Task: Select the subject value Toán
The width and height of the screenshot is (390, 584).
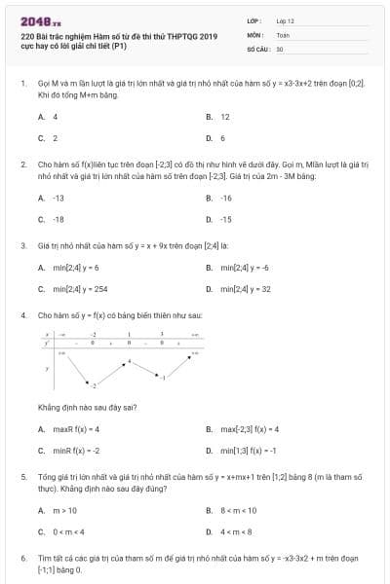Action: point(283,34)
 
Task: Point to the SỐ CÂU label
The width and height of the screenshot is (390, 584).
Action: point(256,48)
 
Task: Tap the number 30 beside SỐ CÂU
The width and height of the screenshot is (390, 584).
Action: point(280,48)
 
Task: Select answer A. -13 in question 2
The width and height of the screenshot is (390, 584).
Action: point(52,198)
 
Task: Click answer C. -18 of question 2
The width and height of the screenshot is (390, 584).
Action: point(52,219)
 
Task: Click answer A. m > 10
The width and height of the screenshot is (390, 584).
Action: point(58,510)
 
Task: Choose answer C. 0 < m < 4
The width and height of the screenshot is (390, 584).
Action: point(61,531)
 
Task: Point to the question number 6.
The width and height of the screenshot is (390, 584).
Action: point(23,559)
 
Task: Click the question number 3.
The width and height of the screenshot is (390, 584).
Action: point(23,244)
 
